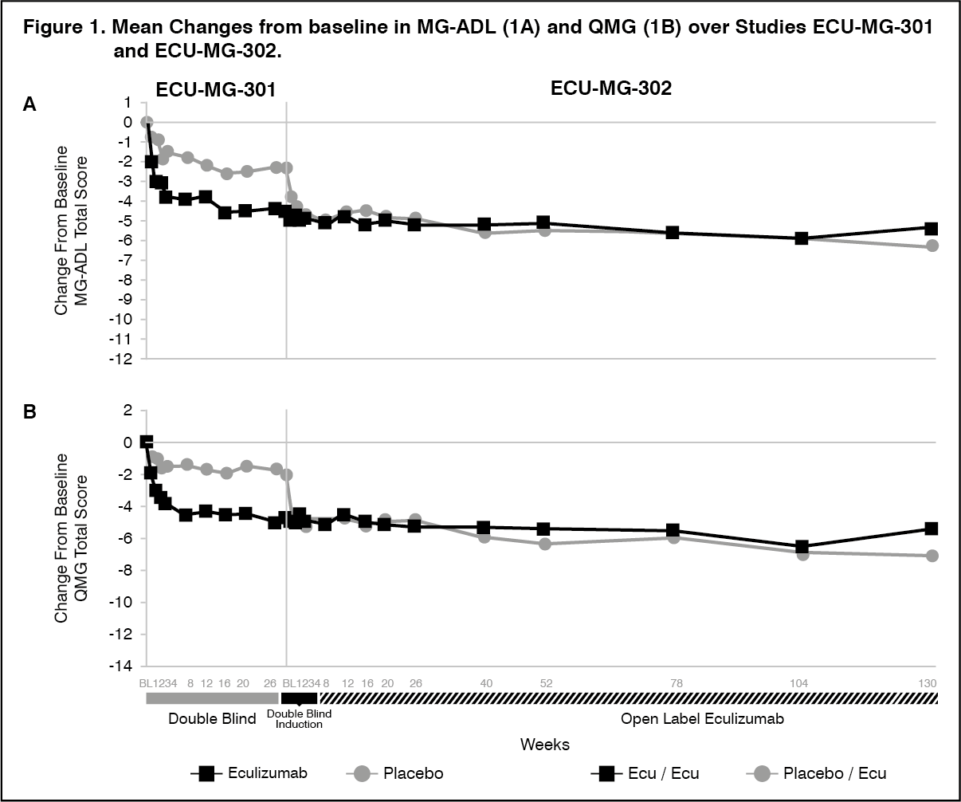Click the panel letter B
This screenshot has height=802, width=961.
pyautogui.click(x=29, y=413)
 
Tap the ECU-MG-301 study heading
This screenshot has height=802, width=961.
pyautogui.click(x=216, y=89)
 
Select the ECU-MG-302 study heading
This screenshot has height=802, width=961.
pyautogui.click(x=611, y=88)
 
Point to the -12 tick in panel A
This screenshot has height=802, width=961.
pyautogui.click(x=120, y=359)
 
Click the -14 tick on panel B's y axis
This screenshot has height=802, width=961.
pyautogui.click(x=120, y=666)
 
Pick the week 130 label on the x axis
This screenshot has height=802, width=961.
pyautogui.click(x=926, y=683)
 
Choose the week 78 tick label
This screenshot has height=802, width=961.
pyautogui.click(x=673, y=683)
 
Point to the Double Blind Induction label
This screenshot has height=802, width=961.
pyautogui.click(x=299, y=719)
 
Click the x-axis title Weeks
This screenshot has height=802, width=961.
pyautogui.click(x=545, y=745)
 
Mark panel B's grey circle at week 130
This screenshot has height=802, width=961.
pyautogui.click(x=932, y=556)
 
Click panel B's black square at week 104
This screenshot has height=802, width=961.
pyautogui.click(x=802, y=547)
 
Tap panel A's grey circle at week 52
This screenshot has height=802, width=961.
pyautogui.click(x=544, y=230)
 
